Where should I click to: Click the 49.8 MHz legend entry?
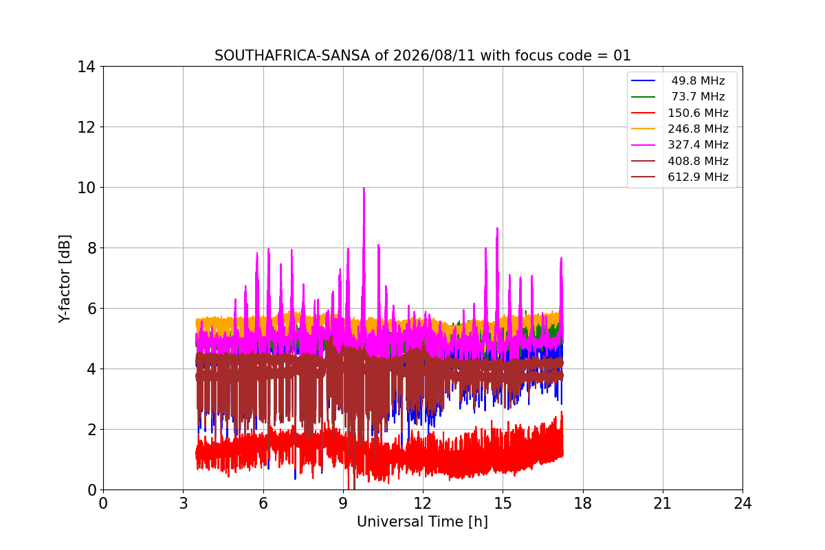click(x=698, y=80)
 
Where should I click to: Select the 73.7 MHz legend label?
click(x=698, y=96)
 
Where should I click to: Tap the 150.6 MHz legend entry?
click(x=698, y=113)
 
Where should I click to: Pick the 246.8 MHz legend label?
click(x=698, y=129)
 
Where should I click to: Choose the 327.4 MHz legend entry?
click(x=698, y=145)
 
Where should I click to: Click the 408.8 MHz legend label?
click(x=698, y=161)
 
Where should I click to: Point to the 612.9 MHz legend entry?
click(x=698, y=177)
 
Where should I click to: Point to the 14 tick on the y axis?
click(x=86, y=67)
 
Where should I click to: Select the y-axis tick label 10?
click(x=86, y=188)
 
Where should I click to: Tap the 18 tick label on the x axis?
click(x=583, y=503)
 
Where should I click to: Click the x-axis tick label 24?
click(x=742, y=503)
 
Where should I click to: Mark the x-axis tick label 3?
click(x=184, y=503)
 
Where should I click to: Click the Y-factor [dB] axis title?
click(x=64, y=279)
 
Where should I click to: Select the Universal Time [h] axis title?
click(x=422, y=522)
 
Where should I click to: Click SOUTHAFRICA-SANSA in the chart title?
click(x=292, y=56)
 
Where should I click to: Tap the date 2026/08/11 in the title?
click(x=434, y=56)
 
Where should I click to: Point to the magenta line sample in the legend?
click(x=643, y=145)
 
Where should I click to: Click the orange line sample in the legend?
click(x=643, y=129)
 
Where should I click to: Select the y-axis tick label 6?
click(x=91, y=309)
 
